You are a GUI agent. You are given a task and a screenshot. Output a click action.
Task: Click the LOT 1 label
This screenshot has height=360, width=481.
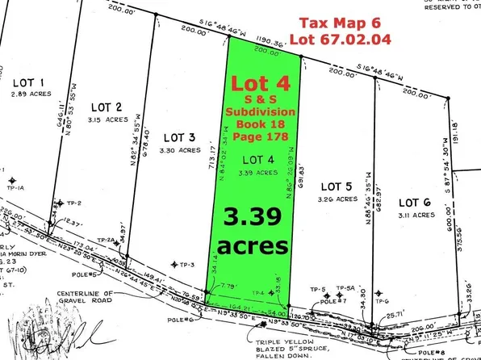(x=29, y=82)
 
